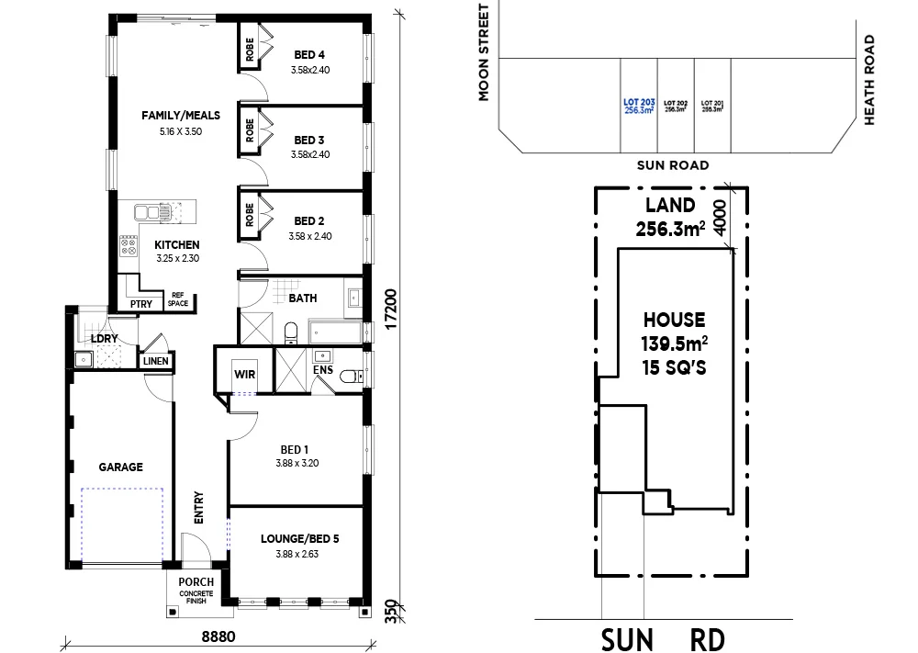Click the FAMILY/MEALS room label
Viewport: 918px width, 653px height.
click(181, 115)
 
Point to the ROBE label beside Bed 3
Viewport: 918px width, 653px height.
click(249, 129)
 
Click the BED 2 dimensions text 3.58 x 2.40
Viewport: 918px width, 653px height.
click(309, 236)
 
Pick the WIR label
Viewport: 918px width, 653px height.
click(243, 373)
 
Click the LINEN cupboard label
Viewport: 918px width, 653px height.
click(155, 361)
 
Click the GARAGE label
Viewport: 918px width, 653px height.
click(121, 467)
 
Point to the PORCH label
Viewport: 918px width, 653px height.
click(196, 581)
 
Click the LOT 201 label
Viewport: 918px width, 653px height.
click(711, 106)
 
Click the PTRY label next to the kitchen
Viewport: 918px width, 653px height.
click(140, 304)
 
